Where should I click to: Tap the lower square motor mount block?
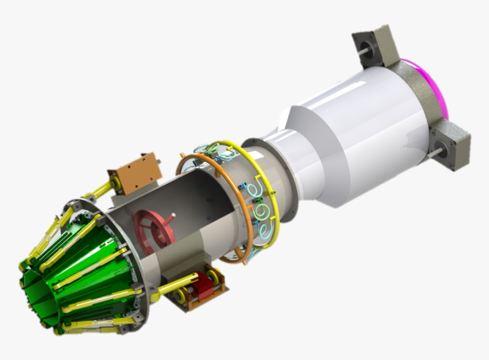coord(451,146)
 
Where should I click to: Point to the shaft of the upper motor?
coord(362,52)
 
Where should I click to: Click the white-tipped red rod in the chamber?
coord(171,219)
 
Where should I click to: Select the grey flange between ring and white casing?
coord(284,171)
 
